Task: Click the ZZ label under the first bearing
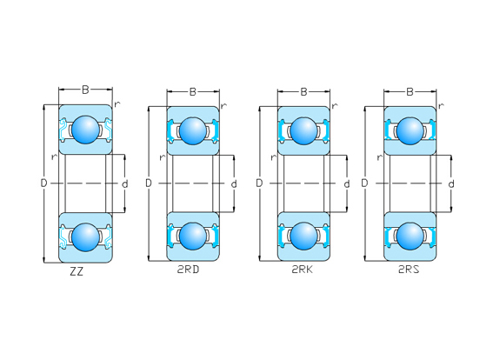[x=77, y=271]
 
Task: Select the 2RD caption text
[x=188, y=270]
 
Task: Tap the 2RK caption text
[x=303, y=270]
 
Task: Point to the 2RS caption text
[x=409, y=270]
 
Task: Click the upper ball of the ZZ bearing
[x=85, y=130]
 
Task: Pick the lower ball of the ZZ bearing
[x=85, y=237]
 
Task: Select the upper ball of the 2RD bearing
[x=193, y=130]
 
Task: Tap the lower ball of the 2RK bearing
[x=303, y=237]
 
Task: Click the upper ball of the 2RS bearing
[x=410, y=130]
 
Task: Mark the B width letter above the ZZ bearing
[x=85, y=90]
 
